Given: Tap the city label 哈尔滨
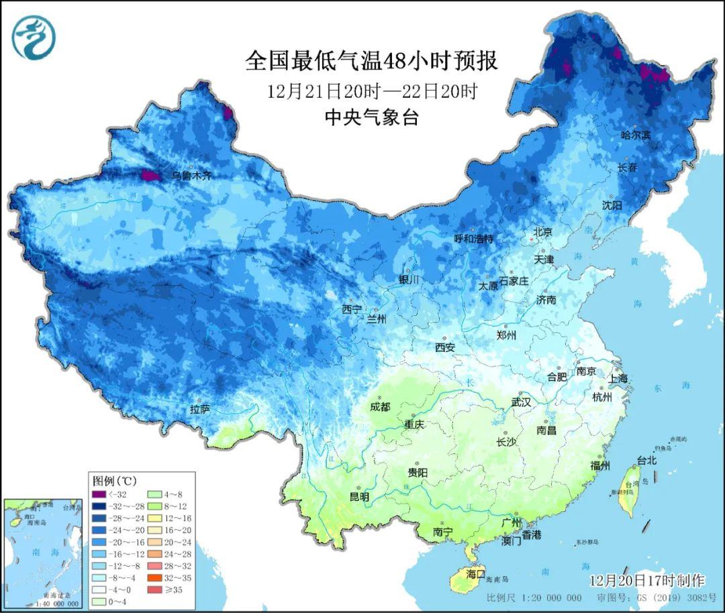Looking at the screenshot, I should coord(636,135).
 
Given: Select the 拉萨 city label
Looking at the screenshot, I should coord(200,409).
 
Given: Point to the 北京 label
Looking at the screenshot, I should coord(542,232).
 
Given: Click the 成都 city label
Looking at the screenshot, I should coord(380,406).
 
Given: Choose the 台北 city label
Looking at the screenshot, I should coord(646,461).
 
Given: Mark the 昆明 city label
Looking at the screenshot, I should coord(359,497).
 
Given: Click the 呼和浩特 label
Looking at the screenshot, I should coord(473,239).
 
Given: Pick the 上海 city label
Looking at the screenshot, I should coord(618,378).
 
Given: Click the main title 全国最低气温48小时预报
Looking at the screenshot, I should coord(371,62).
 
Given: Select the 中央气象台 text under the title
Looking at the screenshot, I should coord(371,117).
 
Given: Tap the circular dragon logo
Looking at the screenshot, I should coord(33,37).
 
